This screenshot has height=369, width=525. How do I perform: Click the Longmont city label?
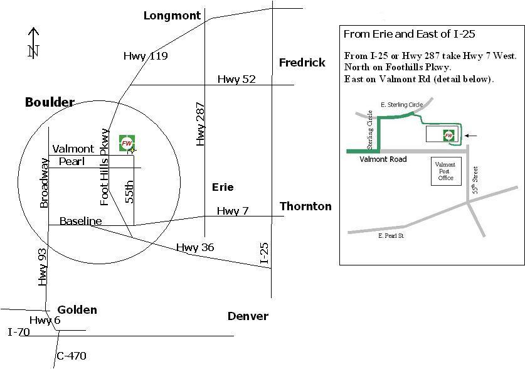(x=172, y=16)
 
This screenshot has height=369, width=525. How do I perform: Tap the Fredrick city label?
(x=302, y=62)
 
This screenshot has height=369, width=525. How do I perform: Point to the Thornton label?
(x=305, y=206)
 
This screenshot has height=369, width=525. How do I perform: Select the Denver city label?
(x=248, y=316)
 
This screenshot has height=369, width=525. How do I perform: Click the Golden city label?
(x=77, y=310)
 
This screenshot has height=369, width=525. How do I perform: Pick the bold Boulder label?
(x=50, y=102)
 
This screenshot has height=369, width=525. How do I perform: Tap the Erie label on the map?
(x=223, y=187)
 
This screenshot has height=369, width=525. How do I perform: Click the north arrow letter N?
(x=33, y=51)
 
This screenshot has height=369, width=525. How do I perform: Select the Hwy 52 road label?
(x=236, y=79)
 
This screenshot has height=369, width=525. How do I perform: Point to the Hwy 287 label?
(x=200, y=124)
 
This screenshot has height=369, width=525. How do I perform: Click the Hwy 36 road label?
(x=195, y=247)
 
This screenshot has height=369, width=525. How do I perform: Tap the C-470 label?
(x=72, y=356)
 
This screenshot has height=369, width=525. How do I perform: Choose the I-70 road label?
(x=19, y=332)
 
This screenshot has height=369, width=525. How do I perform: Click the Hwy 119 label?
(x=146, y=56)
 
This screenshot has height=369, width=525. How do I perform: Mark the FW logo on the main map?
(x=127, y=143)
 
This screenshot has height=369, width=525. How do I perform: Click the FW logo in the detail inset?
(x=448, y=136)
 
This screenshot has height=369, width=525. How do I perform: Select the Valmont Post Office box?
(x=446, y=171)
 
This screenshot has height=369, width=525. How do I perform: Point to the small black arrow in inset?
(x=470, y=136)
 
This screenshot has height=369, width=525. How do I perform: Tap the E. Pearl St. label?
(x=391, y=236)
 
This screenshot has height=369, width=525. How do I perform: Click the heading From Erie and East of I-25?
(x=409, y=34)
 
